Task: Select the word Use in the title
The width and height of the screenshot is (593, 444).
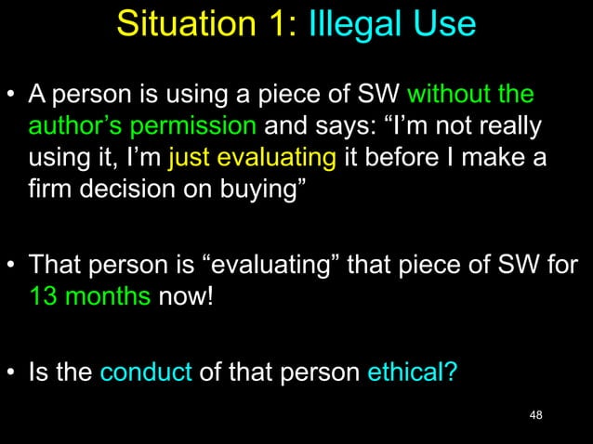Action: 441,23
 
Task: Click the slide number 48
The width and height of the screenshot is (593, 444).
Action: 534,413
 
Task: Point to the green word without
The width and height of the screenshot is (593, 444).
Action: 450,95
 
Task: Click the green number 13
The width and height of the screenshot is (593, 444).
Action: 44,299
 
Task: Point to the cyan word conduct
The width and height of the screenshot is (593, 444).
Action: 145,372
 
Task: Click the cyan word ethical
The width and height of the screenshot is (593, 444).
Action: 411,372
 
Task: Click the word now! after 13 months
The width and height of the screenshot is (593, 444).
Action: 186,299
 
